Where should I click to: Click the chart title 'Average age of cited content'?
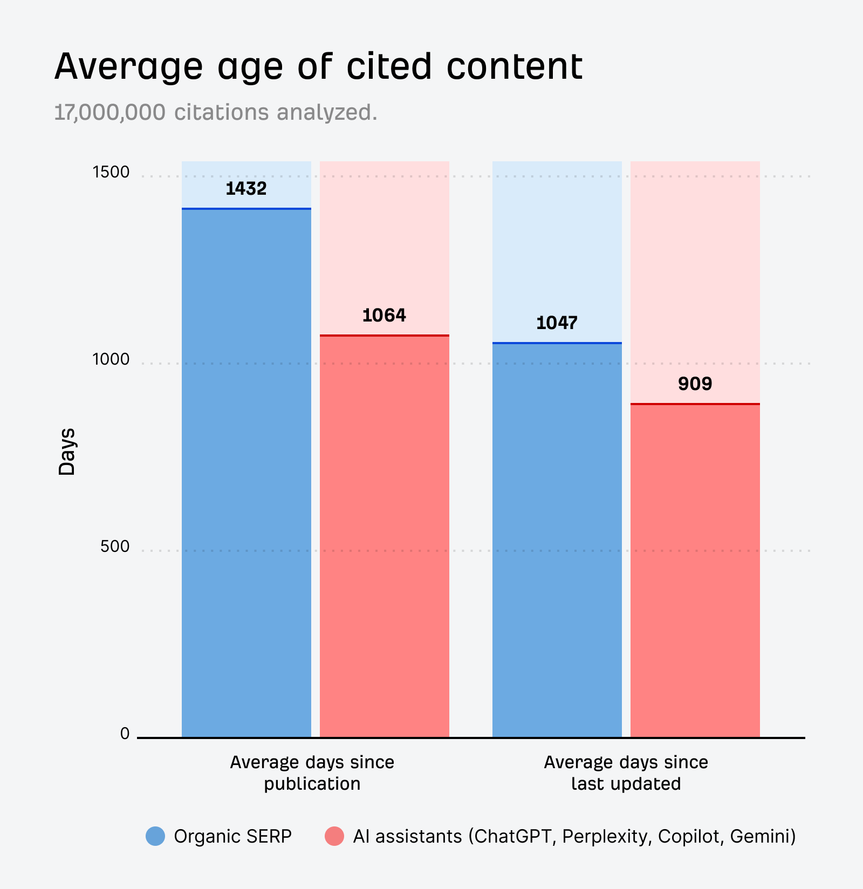318,67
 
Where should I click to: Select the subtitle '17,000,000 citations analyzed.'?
216,112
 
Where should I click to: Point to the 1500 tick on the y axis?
111,172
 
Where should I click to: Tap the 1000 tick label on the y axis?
111,359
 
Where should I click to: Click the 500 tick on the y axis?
114,546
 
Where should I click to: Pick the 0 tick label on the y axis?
125,734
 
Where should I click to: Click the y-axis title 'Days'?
67,452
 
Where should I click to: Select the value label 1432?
246,189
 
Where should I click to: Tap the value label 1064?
384,316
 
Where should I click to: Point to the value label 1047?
557,323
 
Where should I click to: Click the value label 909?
695,384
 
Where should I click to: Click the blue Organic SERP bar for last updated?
557,539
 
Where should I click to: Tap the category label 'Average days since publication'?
312,772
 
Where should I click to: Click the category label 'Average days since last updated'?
626,772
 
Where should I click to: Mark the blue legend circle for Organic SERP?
155,836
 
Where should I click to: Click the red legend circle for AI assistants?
334,836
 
